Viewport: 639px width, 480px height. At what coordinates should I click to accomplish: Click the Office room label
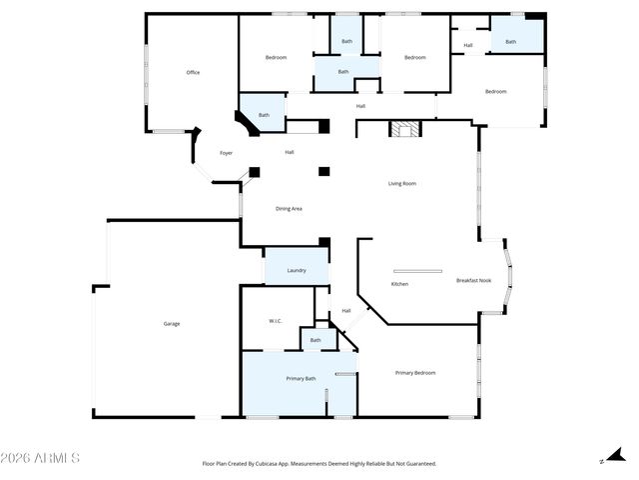click(x=193, y=72)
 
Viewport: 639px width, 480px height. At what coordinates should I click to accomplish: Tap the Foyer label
click(x=227, y=153)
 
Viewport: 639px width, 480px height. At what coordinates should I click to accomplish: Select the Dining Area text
click(x=289, y=208)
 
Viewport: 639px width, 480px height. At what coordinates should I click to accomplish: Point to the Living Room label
click(x=402, y=183)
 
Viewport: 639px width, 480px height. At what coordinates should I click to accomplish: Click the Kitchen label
click(x=399, y=284)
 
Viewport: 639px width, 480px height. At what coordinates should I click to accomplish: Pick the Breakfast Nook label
click(x=473, y=280)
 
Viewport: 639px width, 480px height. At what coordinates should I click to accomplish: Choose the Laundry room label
click(x=297, y=270)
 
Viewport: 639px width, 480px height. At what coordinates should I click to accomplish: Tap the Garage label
click(x=172, y=323)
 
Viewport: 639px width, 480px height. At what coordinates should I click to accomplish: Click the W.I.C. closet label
click(x=276, y=321)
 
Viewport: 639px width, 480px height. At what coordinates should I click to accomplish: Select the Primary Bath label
click(x=301, y=378)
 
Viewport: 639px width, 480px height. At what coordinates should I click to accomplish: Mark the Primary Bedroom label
click(x=415, y=373)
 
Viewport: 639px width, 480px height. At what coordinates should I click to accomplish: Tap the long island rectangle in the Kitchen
click(x=417, y=270)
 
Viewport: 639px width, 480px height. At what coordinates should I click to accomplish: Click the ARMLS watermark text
click(x=40, y=458)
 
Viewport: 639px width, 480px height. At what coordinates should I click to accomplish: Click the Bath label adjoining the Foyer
click(x=264, y=115)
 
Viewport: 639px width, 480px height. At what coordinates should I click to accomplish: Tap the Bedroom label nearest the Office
click(x=276, y=57)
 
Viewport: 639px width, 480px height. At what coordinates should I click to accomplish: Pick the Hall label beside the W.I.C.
click(x=346, y=310)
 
